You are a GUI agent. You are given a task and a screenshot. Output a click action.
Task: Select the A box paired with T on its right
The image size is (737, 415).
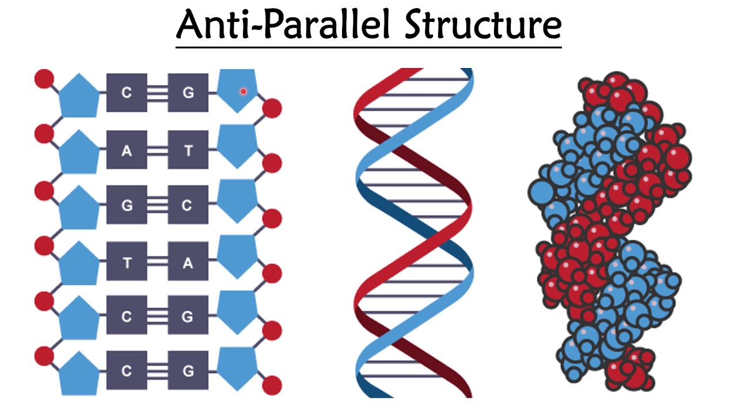tap(127, 151)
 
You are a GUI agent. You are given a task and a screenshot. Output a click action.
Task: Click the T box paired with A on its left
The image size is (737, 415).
tap(188, 151)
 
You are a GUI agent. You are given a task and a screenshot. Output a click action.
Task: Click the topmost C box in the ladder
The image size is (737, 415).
tap(127, 92)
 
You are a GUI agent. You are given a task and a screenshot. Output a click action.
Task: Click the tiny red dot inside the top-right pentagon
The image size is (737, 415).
tap(244, 91)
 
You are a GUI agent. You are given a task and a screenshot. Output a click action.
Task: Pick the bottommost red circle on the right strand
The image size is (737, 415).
tap(272, 385)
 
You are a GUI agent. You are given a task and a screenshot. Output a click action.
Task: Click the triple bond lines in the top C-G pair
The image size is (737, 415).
tap(157, 92)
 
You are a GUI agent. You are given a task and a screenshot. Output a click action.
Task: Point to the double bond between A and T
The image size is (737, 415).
tap(157, 151)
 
